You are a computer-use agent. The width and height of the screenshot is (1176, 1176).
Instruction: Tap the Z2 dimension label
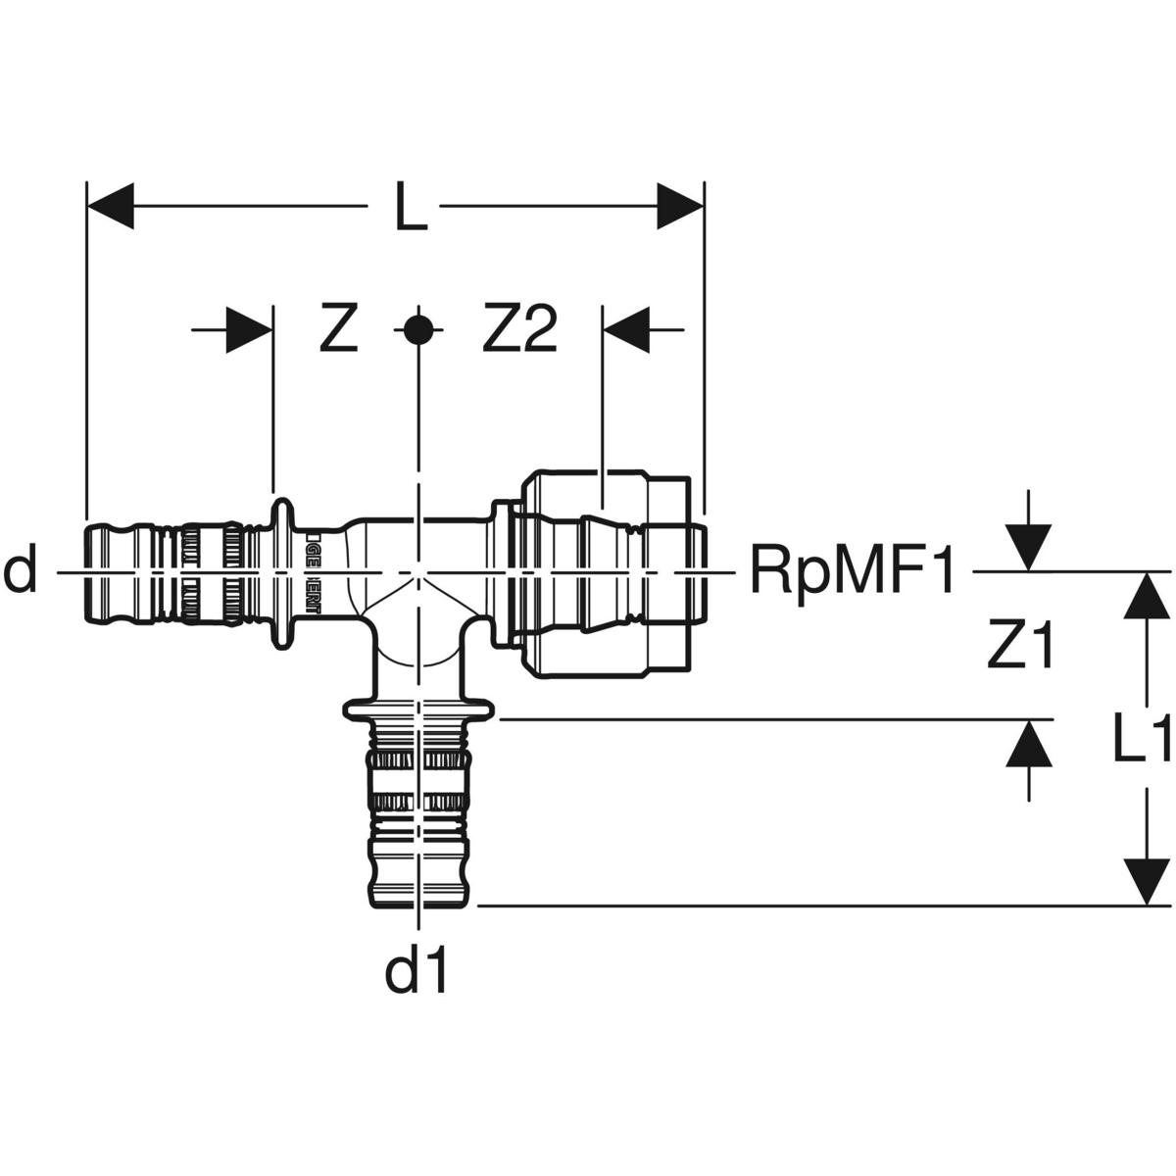[519, 330]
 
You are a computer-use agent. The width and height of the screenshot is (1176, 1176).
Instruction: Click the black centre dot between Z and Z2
[418, 330]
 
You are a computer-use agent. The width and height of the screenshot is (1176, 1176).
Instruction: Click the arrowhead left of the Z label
[248, 330]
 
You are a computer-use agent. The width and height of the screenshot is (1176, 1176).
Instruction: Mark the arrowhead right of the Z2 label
[627, 330]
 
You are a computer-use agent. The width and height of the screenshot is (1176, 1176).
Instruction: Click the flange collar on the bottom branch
[418, 709]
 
